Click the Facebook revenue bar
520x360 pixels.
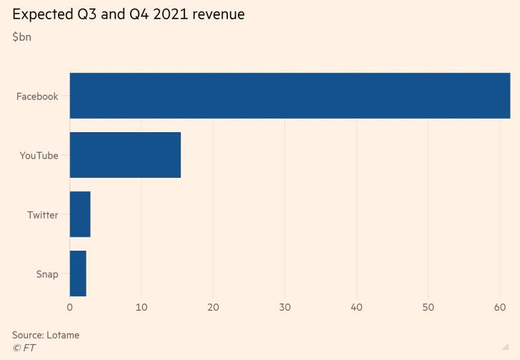tap(289, 96)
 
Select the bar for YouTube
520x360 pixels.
tap(125, 155)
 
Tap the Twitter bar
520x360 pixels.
tap(80, 214)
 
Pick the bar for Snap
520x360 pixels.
tap(78, 274)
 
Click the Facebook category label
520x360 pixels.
tap(37, 96)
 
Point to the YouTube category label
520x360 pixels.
tap(39, 156)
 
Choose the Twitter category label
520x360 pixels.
tap(43, 215)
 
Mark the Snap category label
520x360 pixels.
tap(47, 274)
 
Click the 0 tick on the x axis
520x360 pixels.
tap(70, 307)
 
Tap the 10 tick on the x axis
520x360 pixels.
tap(141, 307)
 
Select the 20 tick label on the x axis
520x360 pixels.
tap(213, 307)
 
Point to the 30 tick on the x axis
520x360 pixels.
tap(284, 307)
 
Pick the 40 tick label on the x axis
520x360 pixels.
tap(356, 307)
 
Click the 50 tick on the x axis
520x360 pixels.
tap(428, 307)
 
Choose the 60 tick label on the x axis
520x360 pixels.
tap(499, 307)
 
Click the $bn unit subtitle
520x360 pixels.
tap(21, 37)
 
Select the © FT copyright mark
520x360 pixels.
tap(24, 348)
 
